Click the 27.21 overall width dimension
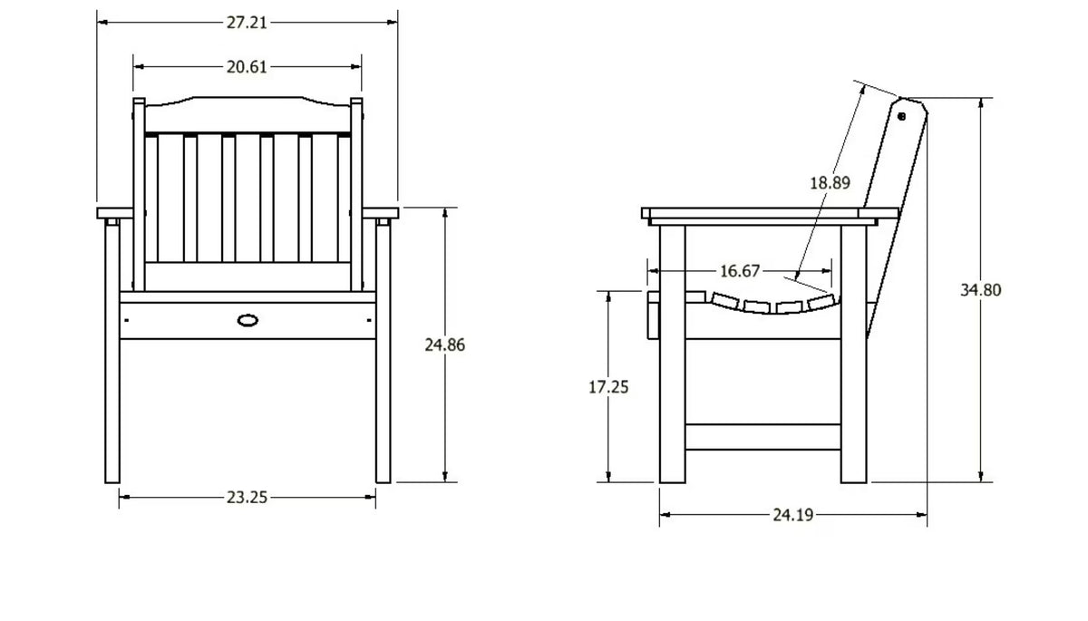(247, 23)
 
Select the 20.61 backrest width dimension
(247, 67)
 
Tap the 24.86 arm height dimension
(445, 344)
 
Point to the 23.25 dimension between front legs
(247, 497)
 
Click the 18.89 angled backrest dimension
(831, 183)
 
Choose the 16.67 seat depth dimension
(739, 271)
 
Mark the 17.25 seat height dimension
(608, 387)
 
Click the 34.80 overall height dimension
(981, 290)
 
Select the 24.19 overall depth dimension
(793, 515)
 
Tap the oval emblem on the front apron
(248, 320)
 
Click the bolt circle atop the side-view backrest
(901, 117)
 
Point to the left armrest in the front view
(114, 213)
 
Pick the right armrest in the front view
(380, 213)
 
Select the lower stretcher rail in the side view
(763, 436)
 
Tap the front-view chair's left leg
(112, 351)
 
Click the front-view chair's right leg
(383, 351)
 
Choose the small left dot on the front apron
(127, 320)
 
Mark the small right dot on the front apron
(369, 320)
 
